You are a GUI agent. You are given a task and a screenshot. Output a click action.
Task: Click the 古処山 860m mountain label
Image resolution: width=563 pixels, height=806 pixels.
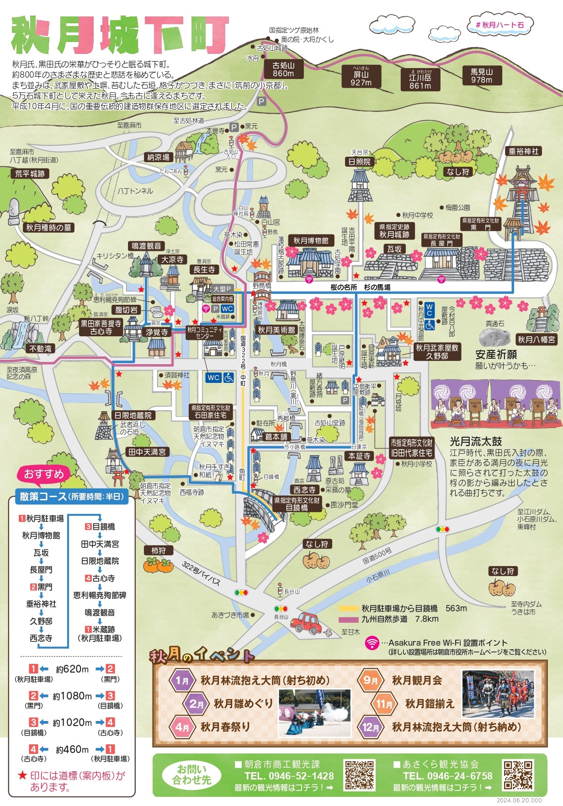click(x=283, y=69)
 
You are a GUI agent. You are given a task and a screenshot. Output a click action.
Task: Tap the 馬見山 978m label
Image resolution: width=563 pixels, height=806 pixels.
click(x=482, y=76)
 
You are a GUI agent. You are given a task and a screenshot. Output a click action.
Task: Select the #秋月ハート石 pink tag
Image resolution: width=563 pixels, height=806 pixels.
click(x=500, y=25)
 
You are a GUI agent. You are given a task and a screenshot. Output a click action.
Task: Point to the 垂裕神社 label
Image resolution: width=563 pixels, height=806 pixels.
click(x=524, y=151)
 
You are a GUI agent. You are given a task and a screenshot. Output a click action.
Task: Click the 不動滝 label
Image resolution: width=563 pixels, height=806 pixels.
click(x=41, y=348)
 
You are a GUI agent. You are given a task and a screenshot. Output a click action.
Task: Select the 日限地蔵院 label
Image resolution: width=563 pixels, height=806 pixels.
click(x=133, y=415)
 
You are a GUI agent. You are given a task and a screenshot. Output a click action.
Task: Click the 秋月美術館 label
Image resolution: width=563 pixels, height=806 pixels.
click(x=276, y=330)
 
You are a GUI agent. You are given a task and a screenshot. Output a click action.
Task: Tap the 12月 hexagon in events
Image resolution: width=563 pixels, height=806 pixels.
click(x=371, y=727)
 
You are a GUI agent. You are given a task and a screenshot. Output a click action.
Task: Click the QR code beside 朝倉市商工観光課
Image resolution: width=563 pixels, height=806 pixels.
click(x=359, y=775)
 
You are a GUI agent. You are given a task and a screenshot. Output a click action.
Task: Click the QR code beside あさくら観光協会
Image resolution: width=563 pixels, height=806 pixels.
click(x=518, y=775)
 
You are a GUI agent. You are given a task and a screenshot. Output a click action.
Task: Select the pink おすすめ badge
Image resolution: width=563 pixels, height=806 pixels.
click(x=44, y=474)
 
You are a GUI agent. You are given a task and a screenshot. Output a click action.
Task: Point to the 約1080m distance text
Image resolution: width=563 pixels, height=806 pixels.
click(x=72, y=696)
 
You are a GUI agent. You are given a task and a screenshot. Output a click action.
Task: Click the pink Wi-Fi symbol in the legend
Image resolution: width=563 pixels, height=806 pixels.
click(x=372, y=643)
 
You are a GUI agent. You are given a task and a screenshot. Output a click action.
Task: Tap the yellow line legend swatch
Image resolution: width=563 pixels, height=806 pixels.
click(x=348, y=609)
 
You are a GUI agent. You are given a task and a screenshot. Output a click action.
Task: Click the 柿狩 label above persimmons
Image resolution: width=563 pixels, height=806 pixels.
click(x=159, y=551)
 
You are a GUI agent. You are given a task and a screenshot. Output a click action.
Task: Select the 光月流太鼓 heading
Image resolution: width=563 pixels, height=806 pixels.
click(x=475, y=441)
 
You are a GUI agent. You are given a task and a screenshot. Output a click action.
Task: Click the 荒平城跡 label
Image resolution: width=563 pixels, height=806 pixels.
click(x=30, y=174)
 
